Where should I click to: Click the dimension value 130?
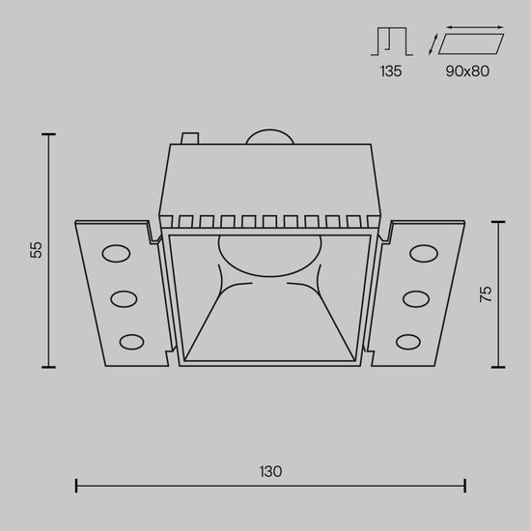coord(270,472)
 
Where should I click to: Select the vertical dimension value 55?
coord(36,250)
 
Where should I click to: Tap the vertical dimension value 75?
coord(486,293)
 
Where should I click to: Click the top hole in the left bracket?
coord(115,255)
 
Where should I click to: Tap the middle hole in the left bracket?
coord(124,297)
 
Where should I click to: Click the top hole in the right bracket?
coord(423,254)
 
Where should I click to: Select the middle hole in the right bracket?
coord(415,297)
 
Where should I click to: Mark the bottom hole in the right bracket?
coord(407,340)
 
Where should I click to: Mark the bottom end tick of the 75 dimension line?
coord(499,368)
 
